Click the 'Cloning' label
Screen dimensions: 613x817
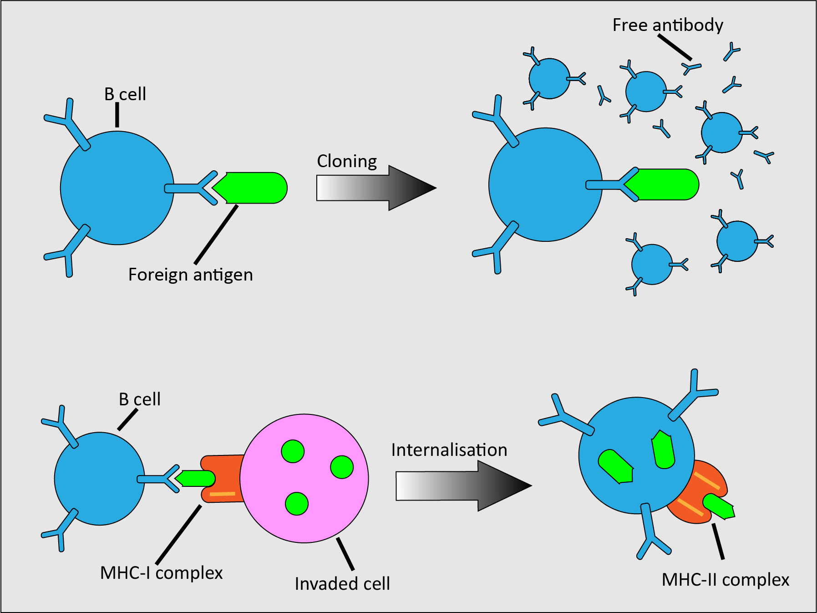pos(347,161)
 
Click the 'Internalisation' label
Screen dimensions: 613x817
pos(449,450)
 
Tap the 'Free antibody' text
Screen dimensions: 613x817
pos(668,25)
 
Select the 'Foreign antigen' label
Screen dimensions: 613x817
pos(190,275)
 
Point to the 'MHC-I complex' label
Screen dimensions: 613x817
pos(161,572)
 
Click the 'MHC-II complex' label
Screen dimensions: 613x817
pos(725,580)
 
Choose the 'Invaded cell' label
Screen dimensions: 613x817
pos(342,583)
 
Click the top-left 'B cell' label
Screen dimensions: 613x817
pos(125,94)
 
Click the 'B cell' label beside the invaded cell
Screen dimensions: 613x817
pos(139,399)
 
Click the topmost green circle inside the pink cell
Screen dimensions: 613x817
pos(293,451)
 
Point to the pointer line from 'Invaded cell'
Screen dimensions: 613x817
pos(345,554)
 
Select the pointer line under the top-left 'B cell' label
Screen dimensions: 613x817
pos(117,114)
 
